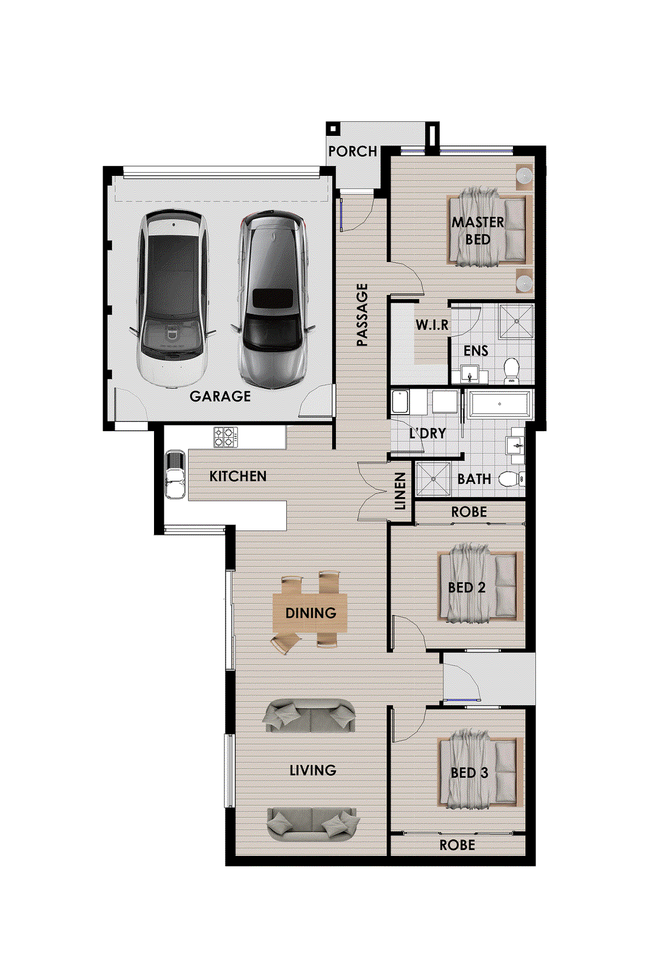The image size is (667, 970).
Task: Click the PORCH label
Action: (352, 151)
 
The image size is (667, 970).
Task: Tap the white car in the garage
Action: (173, 297)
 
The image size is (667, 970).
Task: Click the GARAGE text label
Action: (220, 396)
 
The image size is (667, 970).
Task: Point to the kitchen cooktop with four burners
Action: (226, 437)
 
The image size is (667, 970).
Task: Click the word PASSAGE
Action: (362, 315)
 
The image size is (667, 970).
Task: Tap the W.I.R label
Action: (432, 325)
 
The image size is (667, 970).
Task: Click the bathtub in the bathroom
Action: (500, 404)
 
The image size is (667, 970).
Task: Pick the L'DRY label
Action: (427, 433)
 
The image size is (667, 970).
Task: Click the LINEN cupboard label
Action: (400, 490)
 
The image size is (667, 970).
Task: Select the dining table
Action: (310, 613)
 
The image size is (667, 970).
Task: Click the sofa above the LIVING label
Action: (310, 715)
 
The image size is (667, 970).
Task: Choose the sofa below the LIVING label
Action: (313, 824)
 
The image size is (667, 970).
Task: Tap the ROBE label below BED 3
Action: (457, 845)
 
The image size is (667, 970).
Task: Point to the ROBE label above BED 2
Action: (469, 512)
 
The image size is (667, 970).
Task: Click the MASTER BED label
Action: (477, 230)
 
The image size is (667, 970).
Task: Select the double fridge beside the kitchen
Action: (175, 474)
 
